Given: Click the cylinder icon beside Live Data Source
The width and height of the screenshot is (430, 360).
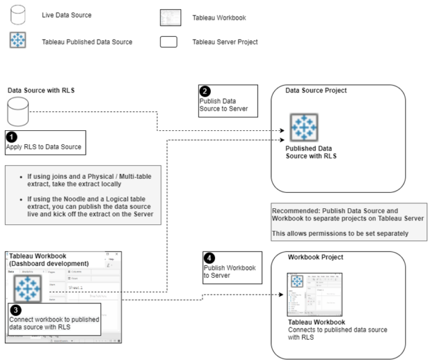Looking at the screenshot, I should [19, 14].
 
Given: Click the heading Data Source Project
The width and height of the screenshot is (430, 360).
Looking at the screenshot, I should [316, 91].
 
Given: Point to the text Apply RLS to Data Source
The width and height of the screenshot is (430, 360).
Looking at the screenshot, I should [44, 147].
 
